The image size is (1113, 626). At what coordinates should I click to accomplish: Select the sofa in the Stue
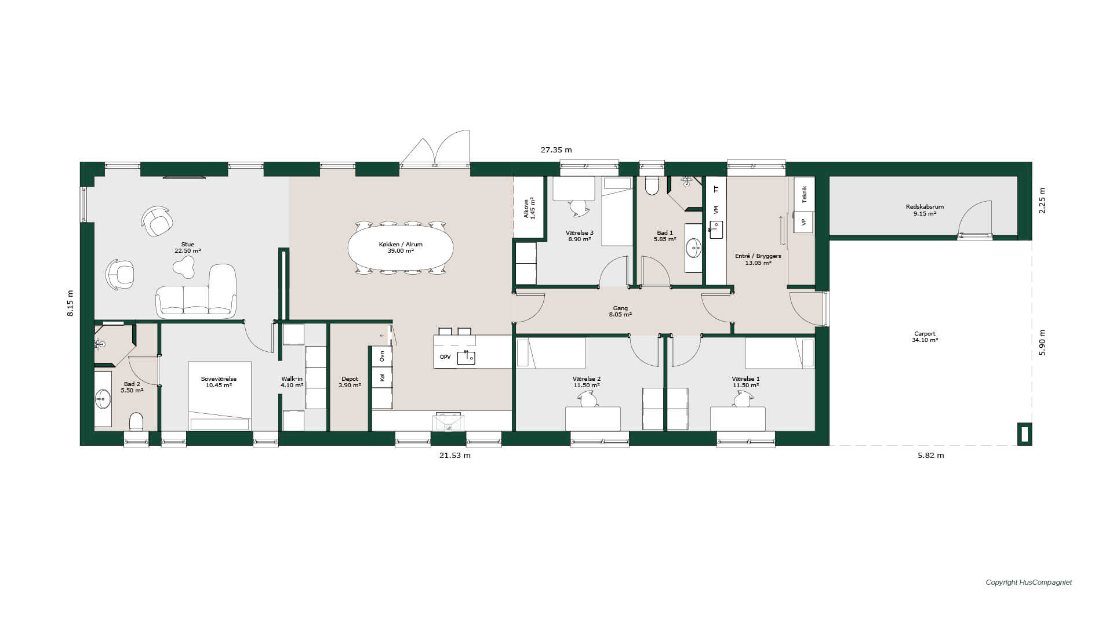point(196,291)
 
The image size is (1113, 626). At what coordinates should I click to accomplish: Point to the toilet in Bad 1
point(652,185)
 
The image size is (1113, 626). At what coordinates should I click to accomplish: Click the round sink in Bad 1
point(693,248)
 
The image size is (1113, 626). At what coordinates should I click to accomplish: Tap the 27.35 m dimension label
point(556,150)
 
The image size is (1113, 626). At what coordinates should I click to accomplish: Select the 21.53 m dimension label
point(454,456)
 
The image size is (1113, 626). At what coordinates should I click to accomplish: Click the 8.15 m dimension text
point(70,303)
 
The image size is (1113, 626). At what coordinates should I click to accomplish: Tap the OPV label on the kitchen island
point(445,357)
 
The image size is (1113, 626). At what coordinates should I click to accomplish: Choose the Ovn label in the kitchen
point(382,356)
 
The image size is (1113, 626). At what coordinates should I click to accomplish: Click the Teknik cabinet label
point(804,194)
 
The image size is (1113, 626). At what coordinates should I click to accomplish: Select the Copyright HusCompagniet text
point(1029,583)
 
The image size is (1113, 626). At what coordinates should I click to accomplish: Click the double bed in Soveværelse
point(219,396)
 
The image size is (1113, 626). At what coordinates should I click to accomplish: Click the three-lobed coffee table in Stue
point(184,266)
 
